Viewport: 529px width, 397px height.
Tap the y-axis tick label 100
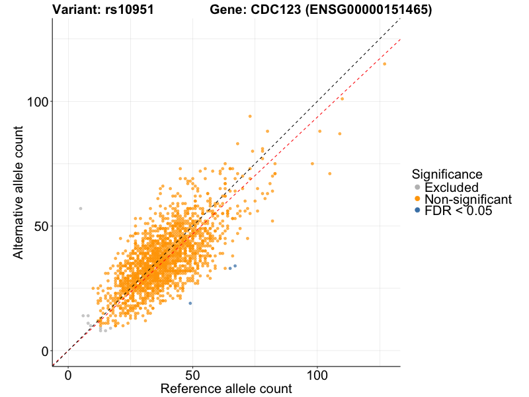click(38, 102)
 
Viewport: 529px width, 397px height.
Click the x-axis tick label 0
click(68, 375)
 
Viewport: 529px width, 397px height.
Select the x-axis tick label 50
click(192, 375)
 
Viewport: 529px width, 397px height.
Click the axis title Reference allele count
click(226, 388)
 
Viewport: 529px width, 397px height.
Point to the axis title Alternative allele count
click(19, 192)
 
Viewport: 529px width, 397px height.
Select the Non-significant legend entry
click(468, 199)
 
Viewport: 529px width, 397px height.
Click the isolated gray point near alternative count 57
click(81, 208)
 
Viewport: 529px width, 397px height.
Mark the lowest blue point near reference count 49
click(190, 303)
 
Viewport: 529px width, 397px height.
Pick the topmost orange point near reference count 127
click(384, 64)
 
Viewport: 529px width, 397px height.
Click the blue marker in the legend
click(417, 210)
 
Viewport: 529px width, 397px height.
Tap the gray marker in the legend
click(417, 187)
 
